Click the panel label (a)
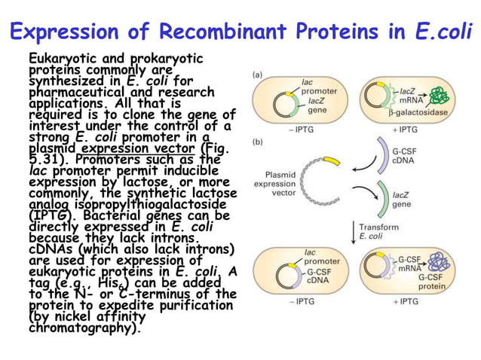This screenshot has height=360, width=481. tap(257, 75)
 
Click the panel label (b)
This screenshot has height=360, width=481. tap(257, 142)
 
